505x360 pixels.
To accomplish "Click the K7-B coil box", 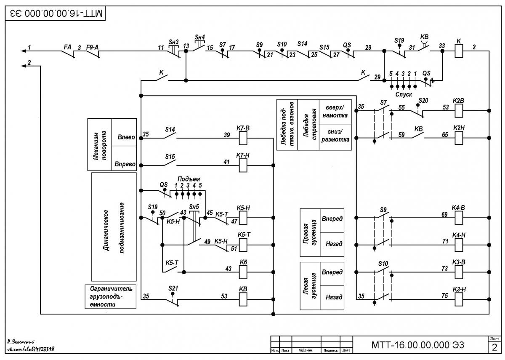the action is tap(243, 138).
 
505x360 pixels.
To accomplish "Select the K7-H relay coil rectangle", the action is tap(243, 165).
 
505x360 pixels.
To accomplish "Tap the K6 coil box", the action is tap(243, 272).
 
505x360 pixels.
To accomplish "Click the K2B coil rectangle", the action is tap(459, 111).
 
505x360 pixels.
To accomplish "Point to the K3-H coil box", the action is tap(459, 299).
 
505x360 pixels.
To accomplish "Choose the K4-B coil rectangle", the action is tap(459, 218).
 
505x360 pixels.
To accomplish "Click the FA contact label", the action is tap(68, 47).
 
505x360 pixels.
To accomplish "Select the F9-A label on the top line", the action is tap(93, 47).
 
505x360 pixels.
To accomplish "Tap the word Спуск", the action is tap(404, 94).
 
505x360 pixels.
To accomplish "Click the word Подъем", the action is tap(189, 179).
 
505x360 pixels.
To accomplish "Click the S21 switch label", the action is tap(173, 288).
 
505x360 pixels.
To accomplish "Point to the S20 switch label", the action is tap(423, 100).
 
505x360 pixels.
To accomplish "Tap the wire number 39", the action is tap(227, 135).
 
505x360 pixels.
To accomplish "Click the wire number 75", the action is tap(444, 296).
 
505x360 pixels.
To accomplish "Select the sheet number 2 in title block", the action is tap(494, 348).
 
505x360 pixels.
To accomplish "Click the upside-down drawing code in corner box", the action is tap(56, 13).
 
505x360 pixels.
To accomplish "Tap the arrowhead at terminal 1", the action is tap(24, 51).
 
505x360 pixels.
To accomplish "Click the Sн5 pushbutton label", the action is tap(194, 207).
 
